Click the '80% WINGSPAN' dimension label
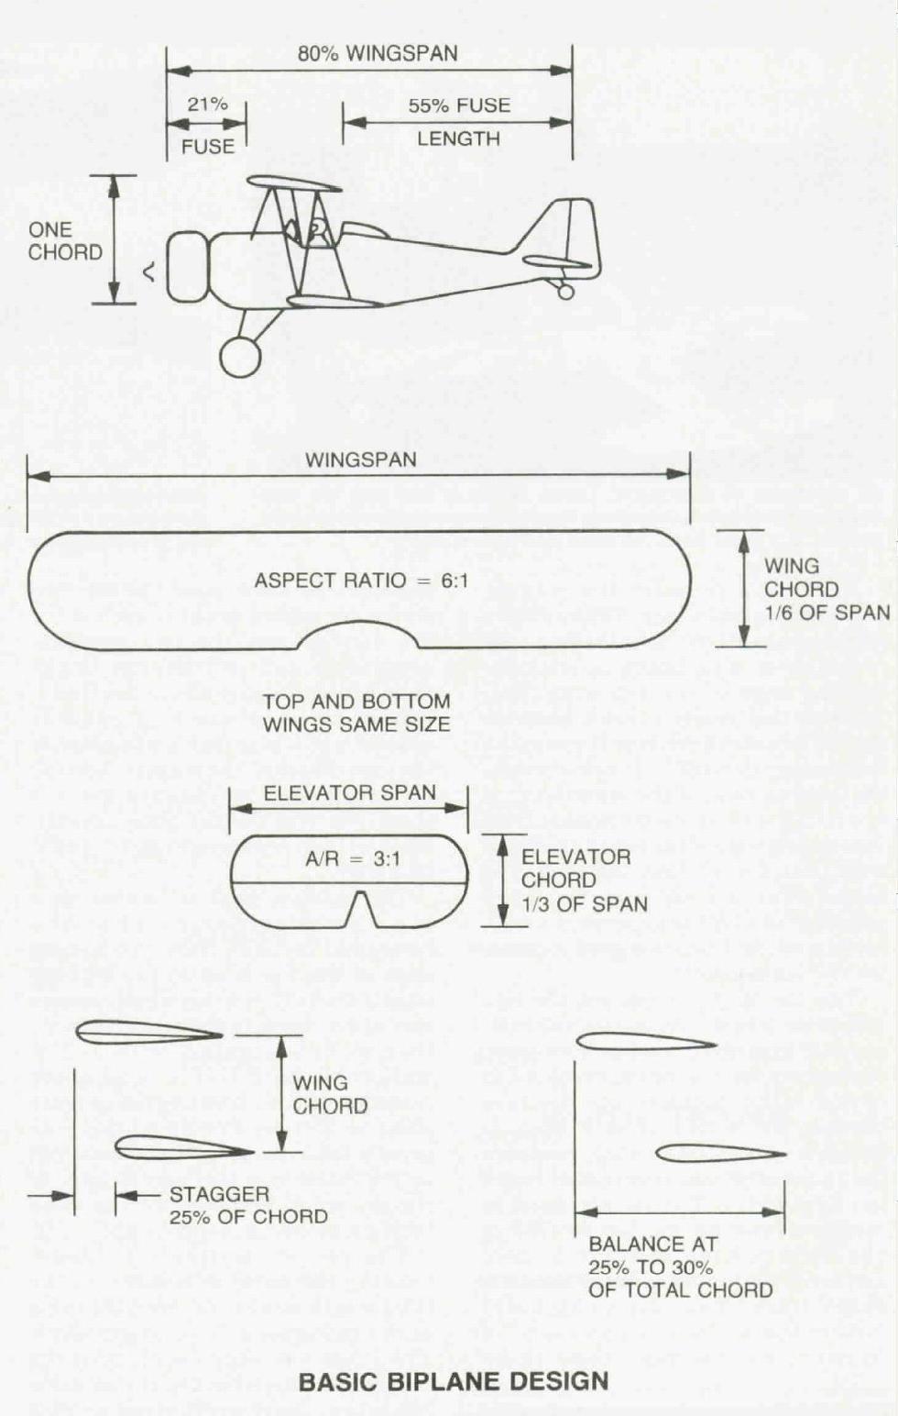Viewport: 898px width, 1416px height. tap(378, 53)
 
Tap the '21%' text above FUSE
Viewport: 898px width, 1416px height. tap(207, 105)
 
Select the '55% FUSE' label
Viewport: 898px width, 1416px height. tap(459, 105)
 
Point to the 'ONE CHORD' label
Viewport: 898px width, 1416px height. tap(65, 241)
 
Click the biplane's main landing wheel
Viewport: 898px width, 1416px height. tap(240, 357)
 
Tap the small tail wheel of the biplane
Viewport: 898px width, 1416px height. tap(565, 291)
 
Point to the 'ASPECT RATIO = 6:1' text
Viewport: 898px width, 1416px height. tap(361, 581)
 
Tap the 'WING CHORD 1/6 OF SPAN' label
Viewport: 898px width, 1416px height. tap(827, 589)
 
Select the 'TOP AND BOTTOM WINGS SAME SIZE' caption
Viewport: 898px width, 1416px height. tap(356, 714)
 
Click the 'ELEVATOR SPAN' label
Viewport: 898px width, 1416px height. tap(349, 792)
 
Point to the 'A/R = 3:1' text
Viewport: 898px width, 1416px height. tap(353, 859)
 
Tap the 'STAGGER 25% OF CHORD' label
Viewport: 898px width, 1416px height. tap(248, 1205)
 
